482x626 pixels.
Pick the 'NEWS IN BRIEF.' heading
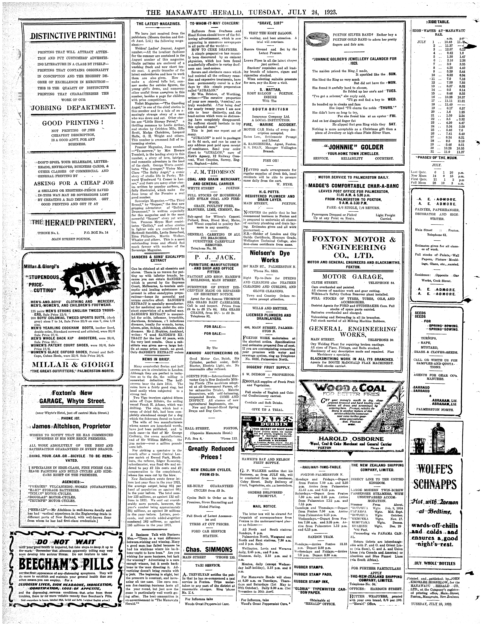pos(156,359)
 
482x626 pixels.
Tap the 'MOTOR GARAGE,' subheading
pos(353,277)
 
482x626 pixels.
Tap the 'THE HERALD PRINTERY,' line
pos(73,222)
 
